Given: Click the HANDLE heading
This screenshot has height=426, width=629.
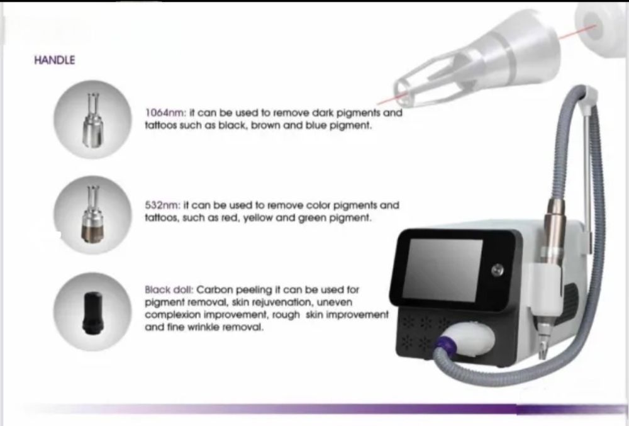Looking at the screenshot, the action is point(55,60).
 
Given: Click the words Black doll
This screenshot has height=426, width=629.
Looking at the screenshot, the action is point(169,289).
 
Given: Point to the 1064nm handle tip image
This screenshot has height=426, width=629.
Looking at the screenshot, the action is point(92,120).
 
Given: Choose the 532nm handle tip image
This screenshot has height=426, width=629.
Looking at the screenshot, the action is point(92,215).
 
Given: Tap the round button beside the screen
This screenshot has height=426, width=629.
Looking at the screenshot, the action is point(498,270).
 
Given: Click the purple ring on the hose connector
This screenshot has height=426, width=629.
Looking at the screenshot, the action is point(442,342).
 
